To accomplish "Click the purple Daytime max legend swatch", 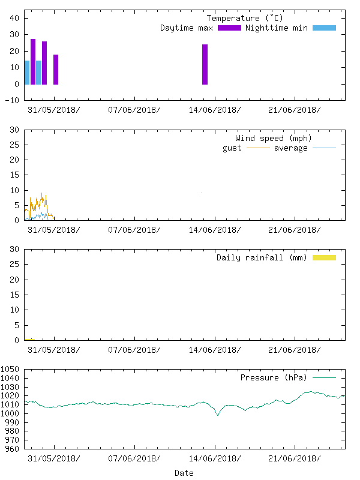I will (x=229, y=28).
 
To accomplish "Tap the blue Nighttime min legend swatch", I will (x=324, y=28).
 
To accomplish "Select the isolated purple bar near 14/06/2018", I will (x=205, y=64).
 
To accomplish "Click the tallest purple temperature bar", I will (x=33, y=61).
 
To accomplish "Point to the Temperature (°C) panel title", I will (x=242, y=19).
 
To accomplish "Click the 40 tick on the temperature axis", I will (x=14, y=18).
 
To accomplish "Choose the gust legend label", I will (x=232, y=148).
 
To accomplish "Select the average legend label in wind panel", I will (x=290, y=148).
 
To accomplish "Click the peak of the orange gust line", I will (x=42, y=193).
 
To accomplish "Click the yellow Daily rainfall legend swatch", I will (x=324, y=257).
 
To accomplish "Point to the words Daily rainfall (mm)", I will (x=262, y=258).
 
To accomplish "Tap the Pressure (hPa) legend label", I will (x=273, y=378).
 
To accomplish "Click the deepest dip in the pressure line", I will (x=218, y=415).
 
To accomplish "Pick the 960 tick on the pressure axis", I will (x=13, y=449).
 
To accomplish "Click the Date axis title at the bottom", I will (x=184, y=473).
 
